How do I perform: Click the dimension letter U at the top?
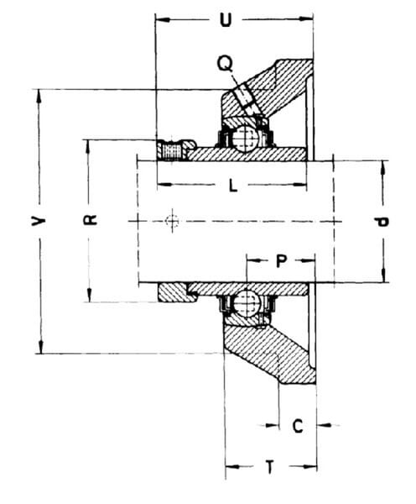(x=226, y=20)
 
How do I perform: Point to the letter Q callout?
(x=225, y=63)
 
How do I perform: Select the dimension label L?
(x=233, y=186)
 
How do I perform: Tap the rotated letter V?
(x=39, y=221)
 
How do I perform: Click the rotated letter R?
(x=91, y=220)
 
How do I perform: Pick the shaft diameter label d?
(x=382, y=222)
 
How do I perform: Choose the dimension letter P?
(x=281, y=261)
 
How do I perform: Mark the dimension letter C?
(x=298, y=426)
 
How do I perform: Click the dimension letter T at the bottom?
(x=270, y=467)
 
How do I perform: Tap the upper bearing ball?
(x=245, y=139)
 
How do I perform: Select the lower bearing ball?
(x=247, y=303)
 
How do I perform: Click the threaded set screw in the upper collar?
(x=174, y=150)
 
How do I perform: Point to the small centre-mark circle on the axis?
(x=172, y=221)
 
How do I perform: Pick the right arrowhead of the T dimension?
(x=310, y=466)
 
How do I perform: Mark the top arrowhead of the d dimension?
(x=382, y=167)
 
